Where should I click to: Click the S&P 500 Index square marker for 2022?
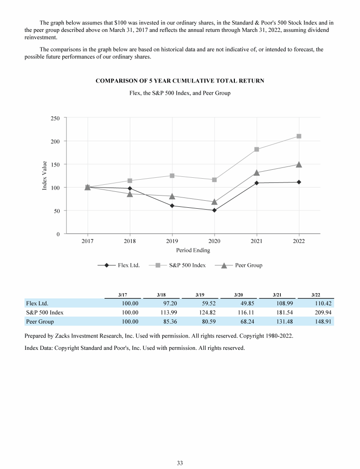pos(299,136)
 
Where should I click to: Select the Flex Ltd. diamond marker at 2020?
pos(214,210)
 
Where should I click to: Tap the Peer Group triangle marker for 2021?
pos(256,173)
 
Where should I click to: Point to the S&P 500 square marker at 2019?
pos(172,175)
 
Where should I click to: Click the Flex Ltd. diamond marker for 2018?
pos(130,189)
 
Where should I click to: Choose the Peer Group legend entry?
pos(239,265)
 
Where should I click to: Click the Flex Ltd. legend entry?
pos(119,265)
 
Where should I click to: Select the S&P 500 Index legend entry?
pos(177,265)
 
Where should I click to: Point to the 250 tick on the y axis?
pos(55,118)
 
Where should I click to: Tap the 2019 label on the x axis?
pos(172,241)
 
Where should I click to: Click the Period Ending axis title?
pos(193,250)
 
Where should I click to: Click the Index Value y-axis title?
pos(45,175)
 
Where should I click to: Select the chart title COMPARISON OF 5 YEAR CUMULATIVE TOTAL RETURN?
pos(180,81)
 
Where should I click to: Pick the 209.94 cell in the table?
pos(323,312)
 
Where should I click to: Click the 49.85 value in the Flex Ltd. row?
pos(247,303)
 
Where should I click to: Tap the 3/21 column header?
pos(277,295)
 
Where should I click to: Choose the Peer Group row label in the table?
pos(40,322)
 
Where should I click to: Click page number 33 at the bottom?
pos(180,463)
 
